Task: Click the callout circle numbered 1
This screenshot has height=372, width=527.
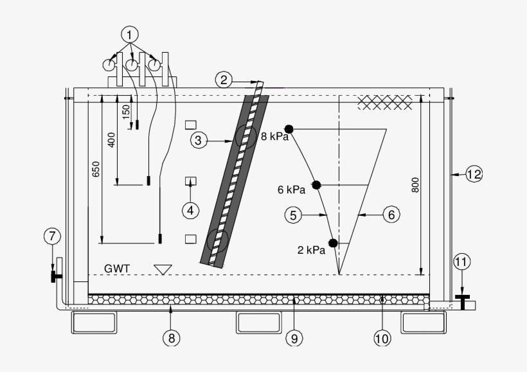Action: click(x=130, y=33)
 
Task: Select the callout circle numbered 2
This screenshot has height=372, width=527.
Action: click(x=224, y=80)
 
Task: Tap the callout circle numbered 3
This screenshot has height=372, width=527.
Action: click(x=199, y=139)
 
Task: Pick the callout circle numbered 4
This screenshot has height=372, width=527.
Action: click(x=190, y=209)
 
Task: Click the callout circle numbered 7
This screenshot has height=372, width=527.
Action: click(x=52, y=237)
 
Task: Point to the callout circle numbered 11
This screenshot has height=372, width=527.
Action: click(x=462, y=261)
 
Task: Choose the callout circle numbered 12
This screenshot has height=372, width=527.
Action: click(x=474, y=173)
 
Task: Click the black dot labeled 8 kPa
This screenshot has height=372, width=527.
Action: click(x=289, y=128)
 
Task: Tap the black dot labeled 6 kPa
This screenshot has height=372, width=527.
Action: click(x=316, y=185)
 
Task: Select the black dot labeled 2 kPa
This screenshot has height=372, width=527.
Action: click(x=333, y=243)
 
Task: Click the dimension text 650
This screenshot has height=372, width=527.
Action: click(x=96, y=168)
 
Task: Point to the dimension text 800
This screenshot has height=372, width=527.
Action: click(x=415, y=185)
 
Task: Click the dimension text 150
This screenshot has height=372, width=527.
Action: click(x=127, y=111)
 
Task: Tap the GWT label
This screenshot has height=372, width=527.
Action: click(x=117, y=269)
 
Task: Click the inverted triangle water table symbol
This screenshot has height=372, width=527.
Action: click(x=163, y=269)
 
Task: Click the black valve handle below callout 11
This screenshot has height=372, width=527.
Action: click(x=462, y=297)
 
